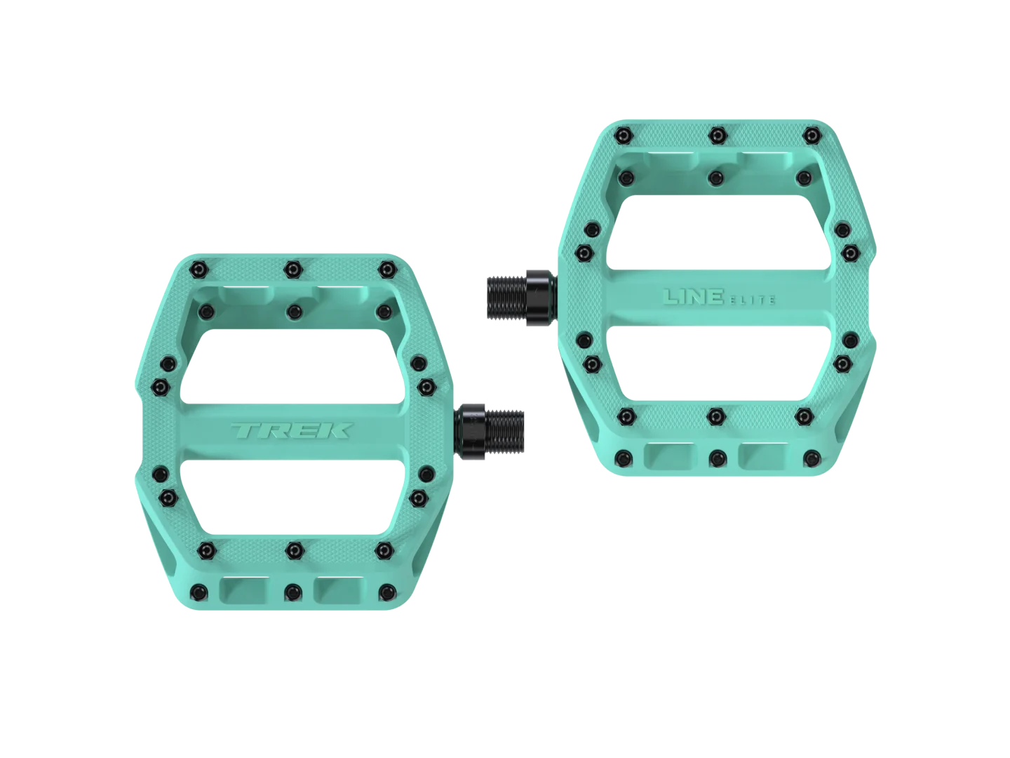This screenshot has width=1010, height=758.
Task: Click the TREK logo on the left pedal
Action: (292, 431)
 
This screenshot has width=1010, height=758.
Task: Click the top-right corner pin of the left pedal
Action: (387, 269)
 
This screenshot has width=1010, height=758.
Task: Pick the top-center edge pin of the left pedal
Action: (292, 269)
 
